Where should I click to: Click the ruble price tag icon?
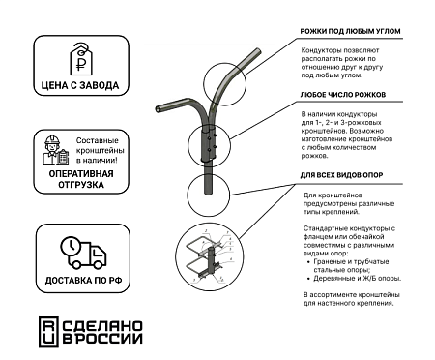coord(81,60)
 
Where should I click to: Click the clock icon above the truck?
coord(71,246)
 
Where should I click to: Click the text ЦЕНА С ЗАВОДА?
coord(80,86)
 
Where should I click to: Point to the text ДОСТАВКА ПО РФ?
coord(81,283)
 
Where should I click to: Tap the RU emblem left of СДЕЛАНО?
coord(48,331)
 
